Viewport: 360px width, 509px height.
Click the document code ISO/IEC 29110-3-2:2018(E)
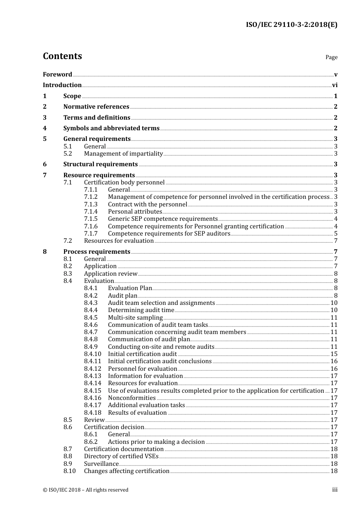(x=291, y=25)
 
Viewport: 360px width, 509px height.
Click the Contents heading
(x=62, y=56)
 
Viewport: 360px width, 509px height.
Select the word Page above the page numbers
(x=331, y=57)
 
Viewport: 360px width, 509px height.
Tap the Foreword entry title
(x=57, y=75)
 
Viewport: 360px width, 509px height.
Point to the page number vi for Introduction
(x=335, y=85)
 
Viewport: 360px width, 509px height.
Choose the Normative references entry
(x=96, y=107)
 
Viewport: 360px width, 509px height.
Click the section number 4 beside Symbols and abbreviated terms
(x=45, y=128)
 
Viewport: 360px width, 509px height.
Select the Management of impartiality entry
(x=123, y=154)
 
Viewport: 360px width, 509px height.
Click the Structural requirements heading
(x=100, y=164)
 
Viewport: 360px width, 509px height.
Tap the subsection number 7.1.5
(x=91, y=219)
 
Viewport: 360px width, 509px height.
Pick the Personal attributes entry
(x=135, y=212)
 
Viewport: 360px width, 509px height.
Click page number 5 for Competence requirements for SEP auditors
(x=336, y=234)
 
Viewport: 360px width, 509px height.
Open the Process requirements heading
(x=97, y=252)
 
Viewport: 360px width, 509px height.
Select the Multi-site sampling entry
(x=135, y=318)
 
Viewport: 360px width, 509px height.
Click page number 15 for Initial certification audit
(x=334, y=354)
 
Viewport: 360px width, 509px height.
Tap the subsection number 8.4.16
(x=92, y=398)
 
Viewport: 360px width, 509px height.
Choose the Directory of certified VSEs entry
(x=121, y=456)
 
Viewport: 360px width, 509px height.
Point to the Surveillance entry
(x=101, y=464)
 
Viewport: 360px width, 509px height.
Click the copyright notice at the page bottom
(x=86, y=490)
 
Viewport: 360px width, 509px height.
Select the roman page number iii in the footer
(x=335, y=490)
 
